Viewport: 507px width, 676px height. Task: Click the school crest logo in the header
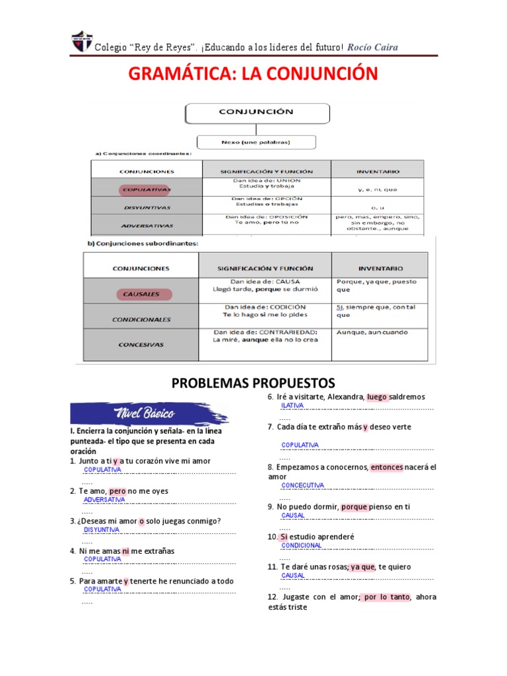click(81, 42)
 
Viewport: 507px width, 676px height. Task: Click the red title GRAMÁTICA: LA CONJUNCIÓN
click(253, 73)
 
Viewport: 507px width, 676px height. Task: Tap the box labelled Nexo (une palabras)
click(256, 142)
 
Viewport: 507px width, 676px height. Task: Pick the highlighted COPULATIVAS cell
click(146, 190)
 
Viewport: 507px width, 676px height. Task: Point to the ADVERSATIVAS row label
click(147, 226)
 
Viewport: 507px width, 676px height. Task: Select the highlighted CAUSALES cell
click(141, 294)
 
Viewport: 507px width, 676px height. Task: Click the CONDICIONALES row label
click(141, 320)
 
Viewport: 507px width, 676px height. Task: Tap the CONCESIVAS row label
click(141, 345)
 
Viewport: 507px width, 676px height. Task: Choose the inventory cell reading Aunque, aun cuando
click(372, 333)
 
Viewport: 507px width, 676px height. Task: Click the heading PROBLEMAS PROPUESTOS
click(253, 384)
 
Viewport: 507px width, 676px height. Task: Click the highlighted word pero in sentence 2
click(118, 491)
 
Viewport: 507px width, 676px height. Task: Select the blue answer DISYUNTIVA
click(102, 529)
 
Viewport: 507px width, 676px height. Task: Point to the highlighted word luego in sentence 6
click(378, 397)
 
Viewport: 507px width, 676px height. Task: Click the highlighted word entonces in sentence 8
click(387, 467)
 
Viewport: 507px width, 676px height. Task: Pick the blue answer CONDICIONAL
click(302, 546)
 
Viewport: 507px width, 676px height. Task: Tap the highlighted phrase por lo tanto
click(385, 597)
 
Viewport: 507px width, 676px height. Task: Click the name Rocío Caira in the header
click(372, 47)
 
